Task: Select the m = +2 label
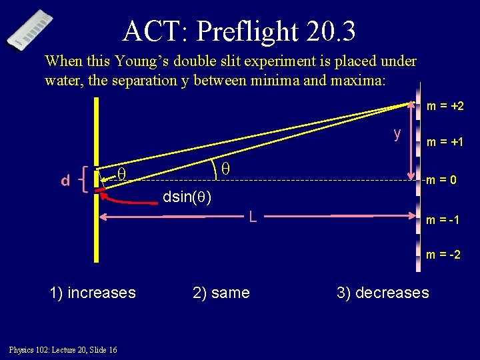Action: point(445,106)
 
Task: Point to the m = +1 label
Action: point(445,142)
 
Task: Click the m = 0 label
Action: point(441,179)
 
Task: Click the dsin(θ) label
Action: point(187,197)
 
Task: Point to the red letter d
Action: point(65,181)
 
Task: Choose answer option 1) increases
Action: point(93,293)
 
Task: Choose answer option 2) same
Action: point(221,293)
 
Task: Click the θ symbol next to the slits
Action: point(121,175)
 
